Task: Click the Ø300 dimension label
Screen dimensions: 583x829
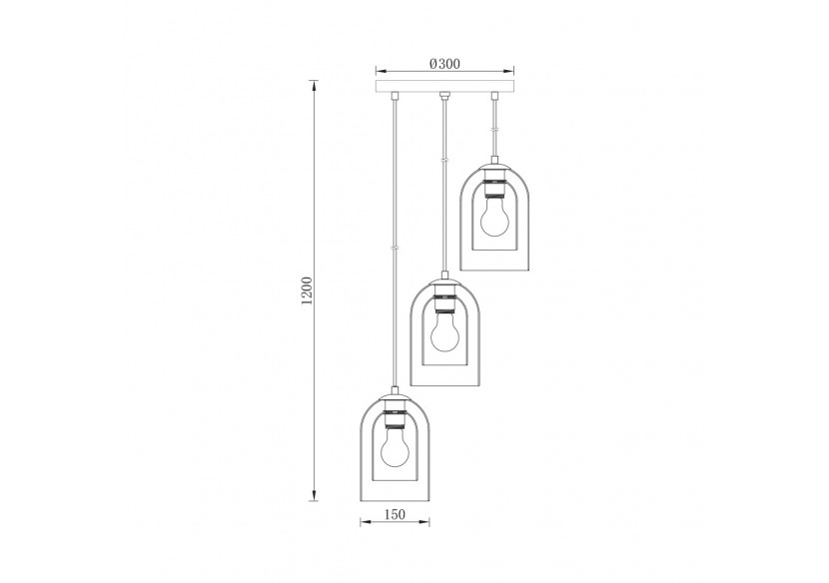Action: point(443,63)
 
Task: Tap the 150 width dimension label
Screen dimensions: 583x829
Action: point(394,516)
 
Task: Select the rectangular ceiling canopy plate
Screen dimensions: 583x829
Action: point(443,88)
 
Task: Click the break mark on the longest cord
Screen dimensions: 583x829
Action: point(394,248)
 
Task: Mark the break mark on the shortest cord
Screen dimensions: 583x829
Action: point(493,130)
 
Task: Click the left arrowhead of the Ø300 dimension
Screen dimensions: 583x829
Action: point(379,71)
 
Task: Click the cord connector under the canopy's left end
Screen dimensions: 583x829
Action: point(394,98)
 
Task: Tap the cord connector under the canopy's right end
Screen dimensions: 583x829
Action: point(493,98)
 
